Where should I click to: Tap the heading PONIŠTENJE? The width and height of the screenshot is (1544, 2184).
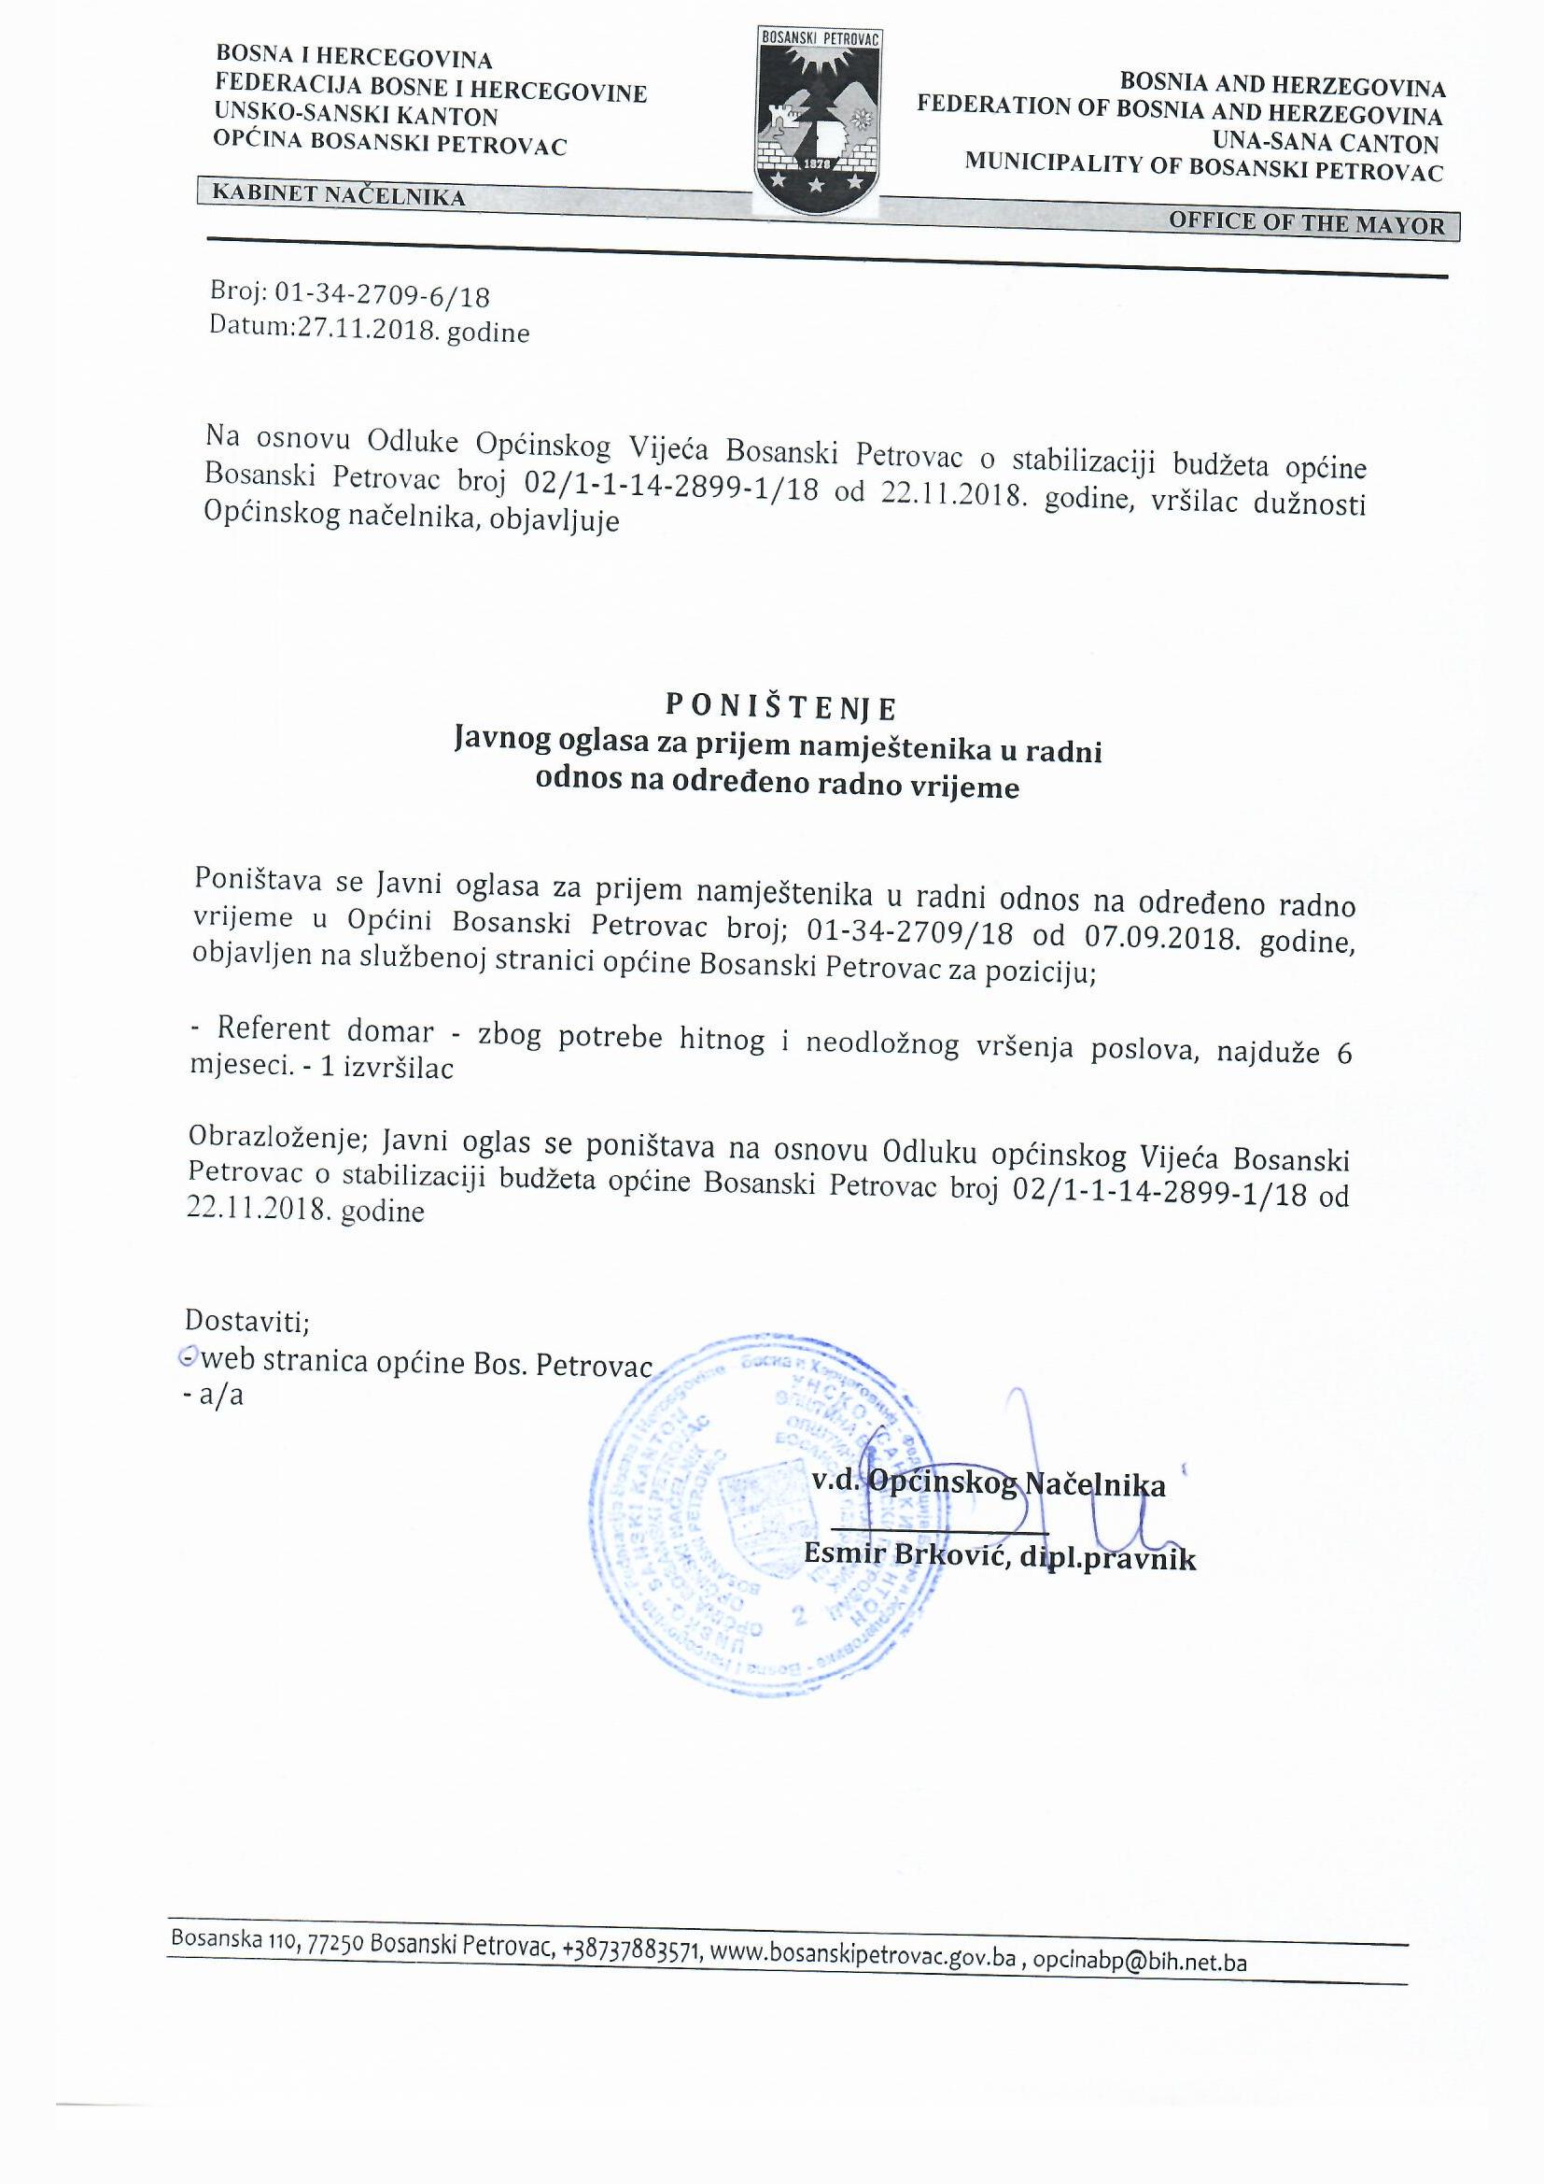(x=779, y=707)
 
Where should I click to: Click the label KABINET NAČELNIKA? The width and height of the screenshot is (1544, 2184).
(x=339, y=195)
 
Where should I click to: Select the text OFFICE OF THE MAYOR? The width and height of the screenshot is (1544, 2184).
(x=1306, y=223)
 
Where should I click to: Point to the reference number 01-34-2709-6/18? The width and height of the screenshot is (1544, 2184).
(x=382, y=296)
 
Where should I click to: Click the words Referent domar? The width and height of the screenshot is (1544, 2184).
(x=325, y=1030)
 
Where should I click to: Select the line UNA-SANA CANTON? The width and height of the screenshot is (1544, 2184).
(x=1326, y=144)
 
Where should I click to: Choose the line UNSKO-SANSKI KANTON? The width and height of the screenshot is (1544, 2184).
(x=356, y=115)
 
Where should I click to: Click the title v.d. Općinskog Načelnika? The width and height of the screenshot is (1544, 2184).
(x=989, y=1484)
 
